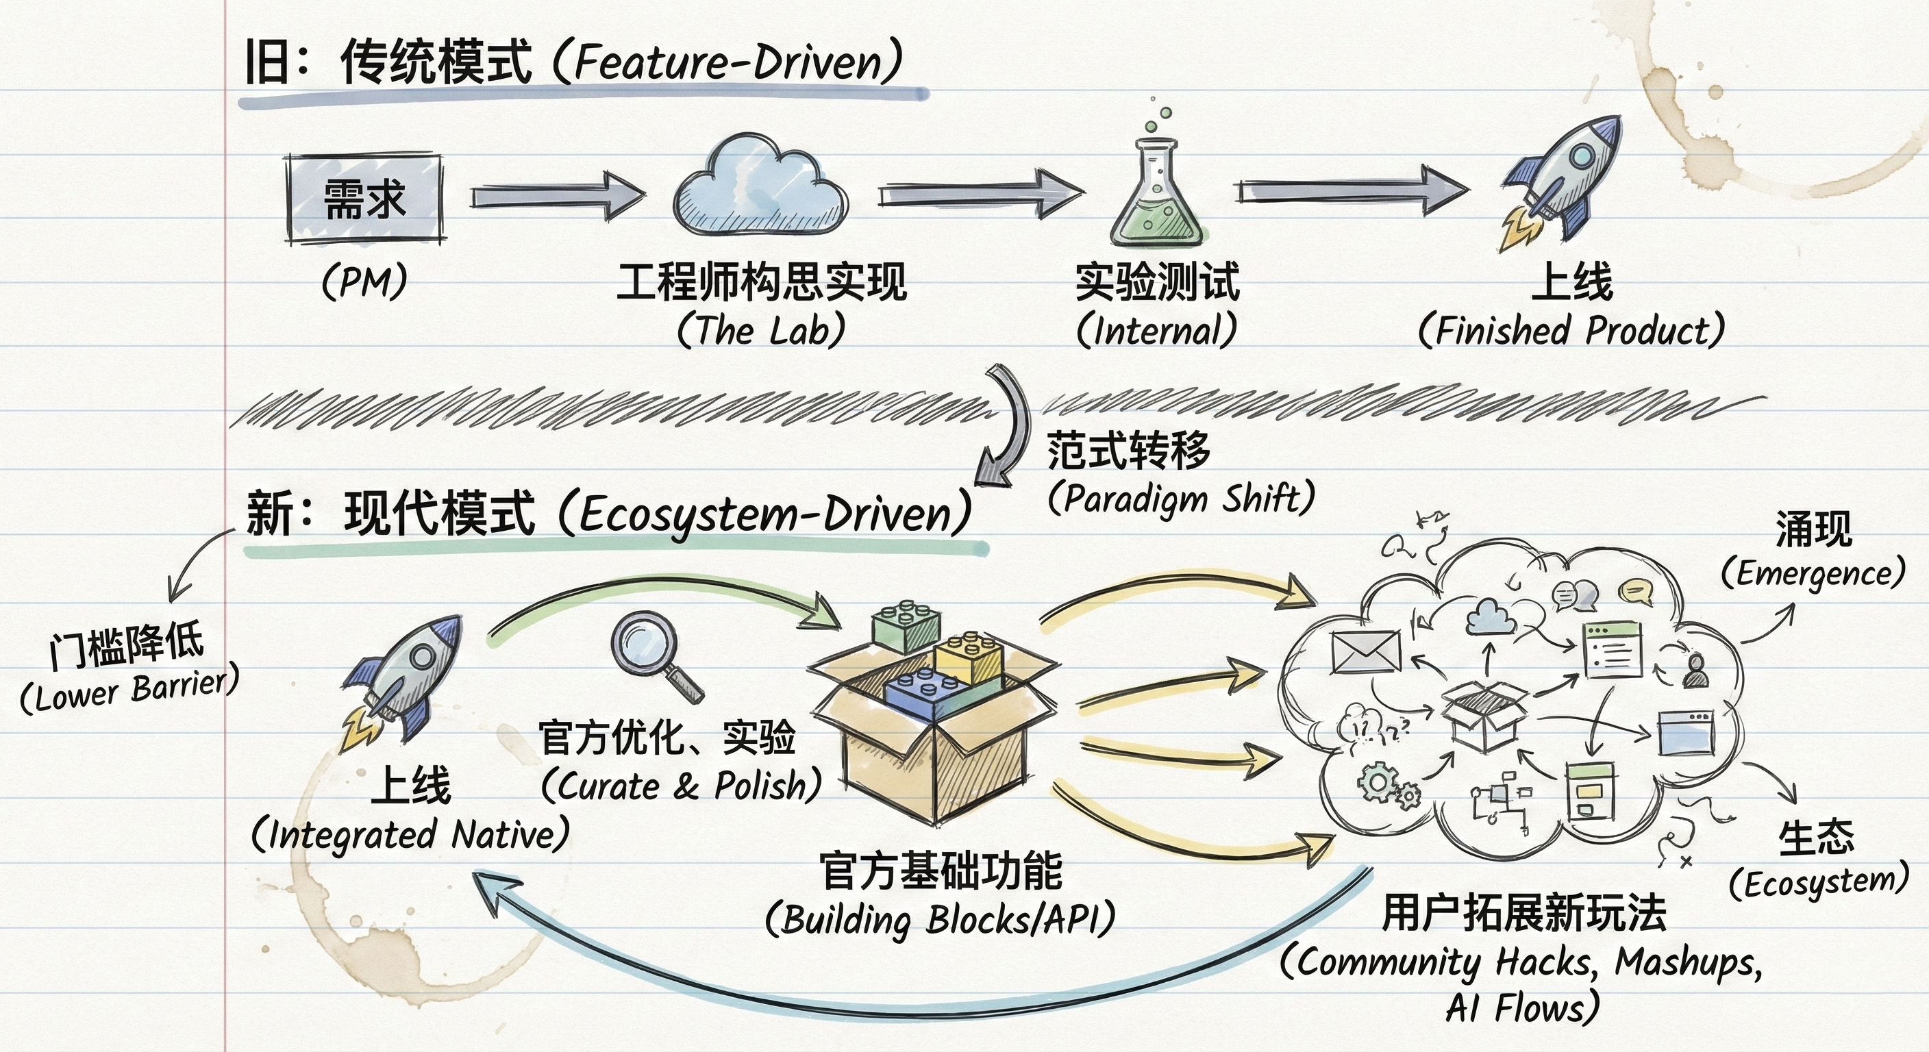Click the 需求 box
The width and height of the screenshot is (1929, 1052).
[364, 199]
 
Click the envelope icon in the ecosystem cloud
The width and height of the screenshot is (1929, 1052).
[1366, 652]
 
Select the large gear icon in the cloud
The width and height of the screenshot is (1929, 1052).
[1376, 781]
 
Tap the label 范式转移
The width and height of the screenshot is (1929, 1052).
[1128, 450]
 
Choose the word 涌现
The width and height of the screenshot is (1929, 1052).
[1814, 529]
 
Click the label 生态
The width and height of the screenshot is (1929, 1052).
[1817, 838]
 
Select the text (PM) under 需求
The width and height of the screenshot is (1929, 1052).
[364, 283]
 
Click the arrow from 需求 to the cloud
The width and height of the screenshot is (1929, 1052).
[557, 196]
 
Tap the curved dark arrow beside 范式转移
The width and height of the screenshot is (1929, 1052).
[1007, 427]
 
